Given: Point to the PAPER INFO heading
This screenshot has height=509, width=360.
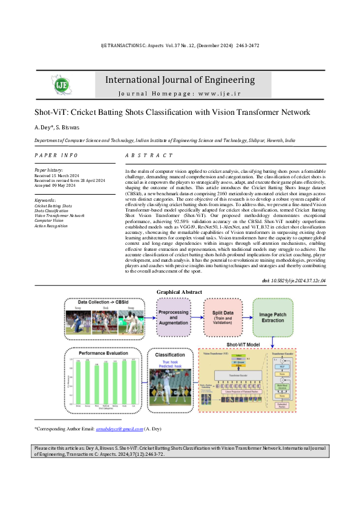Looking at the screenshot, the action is pos(56,155).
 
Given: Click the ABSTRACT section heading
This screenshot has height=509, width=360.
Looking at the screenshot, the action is pos(145,155).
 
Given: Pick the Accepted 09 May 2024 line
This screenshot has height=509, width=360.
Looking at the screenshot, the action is pos(59,185).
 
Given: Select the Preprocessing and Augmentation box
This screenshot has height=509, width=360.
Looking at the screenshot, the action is pos(174,317).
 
